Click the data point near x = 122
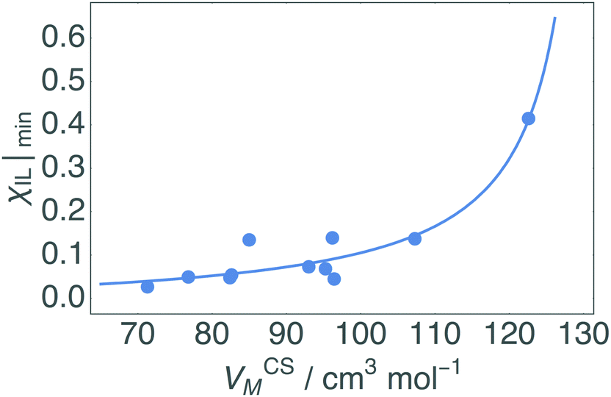tap(528, 118)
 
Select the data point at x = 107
tap(415, 238)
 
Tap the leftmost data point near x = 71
tap(148, 286)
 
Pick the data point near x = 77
tap(188, 276)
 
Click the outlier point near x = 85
tap(249, 240)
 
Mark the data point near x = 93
tap(309, 266)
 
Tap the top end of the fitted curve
tap(554, 18)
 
